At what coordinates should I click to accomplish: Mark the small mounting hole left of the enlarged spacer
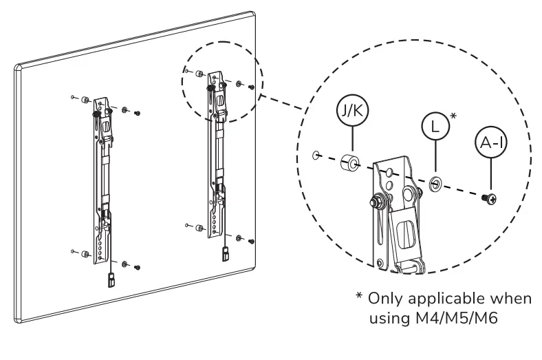coord(316,156)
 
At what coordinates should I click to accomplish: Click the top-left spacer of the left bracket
coord(85,100)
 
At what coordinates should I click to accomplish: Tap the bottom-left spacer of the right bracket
coord(198,227)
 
